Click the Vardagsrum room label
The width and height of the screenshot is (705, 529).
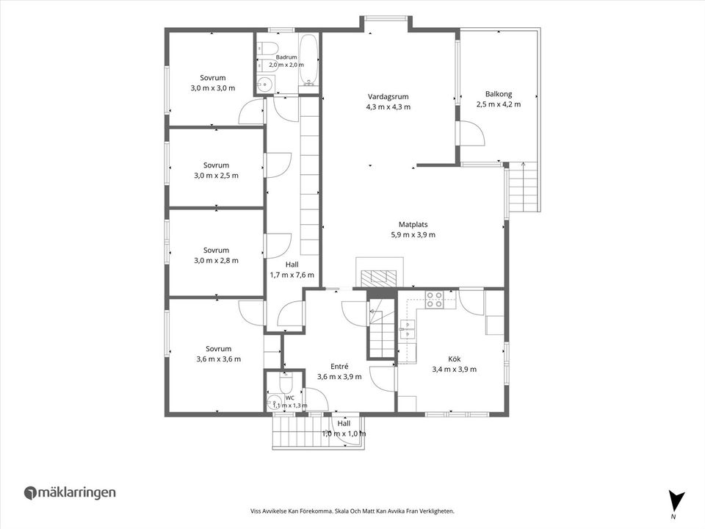(388, 96)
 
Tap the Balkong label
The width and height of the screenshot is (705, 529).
(499, 94)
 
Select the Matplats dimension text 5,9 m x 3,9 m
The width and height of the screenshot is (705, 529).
(413, 234)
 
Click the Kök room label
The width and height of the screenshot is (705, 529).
(454, 359)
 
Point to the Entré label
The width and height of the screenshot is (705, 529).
(339, 366)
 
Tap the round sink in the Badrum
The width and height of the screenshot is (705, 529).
(266, 84)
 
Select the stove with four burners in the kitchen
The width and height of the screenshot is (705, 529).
(434, 300)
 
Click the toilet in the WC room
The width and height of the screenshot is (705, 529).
(286, 383)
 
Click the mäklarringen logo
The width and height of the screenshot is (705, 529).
(70, 492)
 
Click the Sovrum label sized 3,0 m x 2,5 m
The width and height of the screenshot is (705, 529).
(216, 165)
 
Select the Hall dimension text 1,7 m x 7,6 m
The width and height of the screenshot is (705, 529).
(292, 275)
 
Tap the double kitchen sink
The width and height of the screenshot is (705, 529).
(407, 329)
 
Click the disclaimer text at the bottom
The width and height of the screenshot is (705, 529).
(352, 511)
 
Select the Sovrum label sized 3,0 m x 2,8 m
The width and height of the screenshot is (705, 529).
(216, 250)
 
